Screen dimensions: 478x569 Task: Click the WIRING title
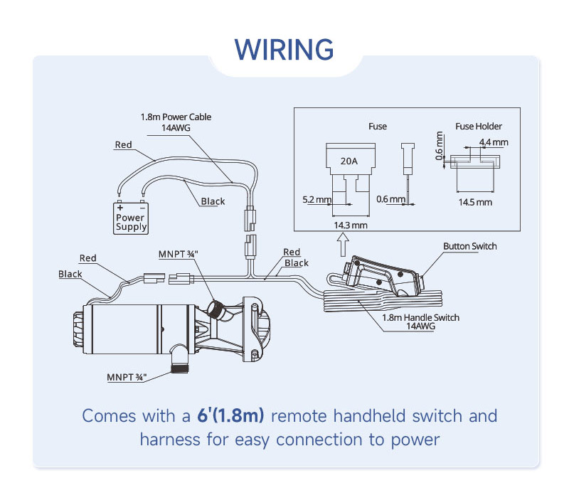pyautogui.click(x=284, y=50)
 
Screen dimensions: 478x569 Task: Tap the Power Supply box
pyautogui.click(x=131, y=217)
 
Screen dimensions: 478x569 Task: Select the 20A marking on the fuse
pyautogui.click(x=349, y=161)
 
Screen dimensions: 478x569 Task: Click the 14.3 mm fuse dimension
pyautogui.click(x=350, y=225)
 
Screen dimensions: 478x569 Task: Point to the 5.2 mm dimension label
pyautogui.click(x=317, y=200)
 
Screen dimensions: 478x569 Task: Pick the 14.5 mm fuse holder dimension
pyautogui.click(x=474, y=202)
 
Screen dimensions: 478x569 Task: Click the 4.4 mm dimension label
pyautogui.click(x=494, y=142)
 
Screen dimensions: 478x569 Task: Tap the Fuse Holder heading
pyautogui.click(x=479, y=127)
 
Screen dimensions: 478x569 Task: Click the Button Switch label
pyautogui.click(x=469, y=247)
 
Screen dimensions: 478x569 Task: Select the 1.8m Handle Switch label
pyautogui.click(x=420, y=318)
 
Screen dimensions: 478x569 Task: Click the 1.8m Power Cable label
pyautogui.click(x=175, y=117)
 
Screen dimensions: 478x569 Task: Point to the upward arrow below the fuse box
pyautogui.click(x=342, y=245)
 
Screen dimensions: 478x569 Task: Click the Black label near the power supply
pyautogui.click(x=213, y=201)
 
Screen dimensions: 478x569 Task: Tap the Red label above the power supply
pyautogui.click(x=124, y=145)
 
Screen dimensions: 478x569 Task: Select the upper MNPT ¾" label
pyautogui.click(x=179, y=253)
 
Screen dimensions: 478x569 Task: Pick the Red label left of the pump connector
pyautogui.click(x=88, y=258)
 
